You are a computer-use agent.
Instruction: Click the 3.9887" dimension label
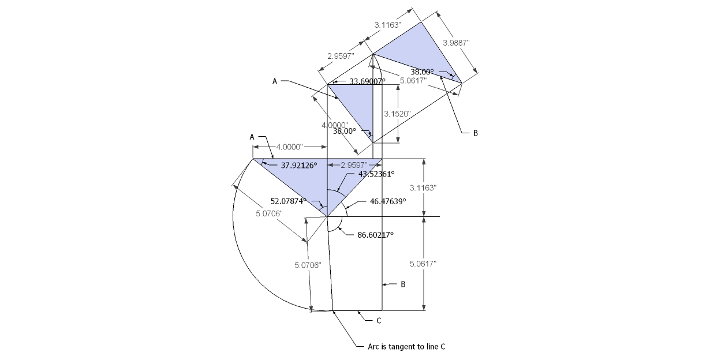pyautogui.click(x=456, y=43)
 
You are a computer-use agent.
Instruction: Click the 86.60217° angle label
pyautogui.click(x=375, y=235)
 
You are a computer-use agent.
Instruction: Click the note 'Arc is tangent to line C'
pyautogui.click(x=406, y=347)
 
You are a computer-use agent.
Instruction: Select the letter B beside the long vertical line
pyautogui.click(x=403, y=284)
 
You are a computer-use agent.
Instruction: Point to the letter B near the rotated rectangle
pyautogui.click(x=476, y=133)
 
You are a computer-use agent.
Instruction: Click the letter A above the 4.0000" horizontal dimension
pyautogui.click(x=252, y=137)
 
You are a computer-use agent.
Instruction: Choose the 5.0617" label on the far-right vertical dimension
pyautogui.click(x=423, y=263)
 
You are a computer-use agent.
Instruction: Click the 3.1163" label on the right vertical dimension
pyautogui.click(x=423, y=188)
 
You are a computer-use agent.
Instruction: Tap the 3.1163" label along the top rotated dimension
pyautogui.click(x=388, y=25)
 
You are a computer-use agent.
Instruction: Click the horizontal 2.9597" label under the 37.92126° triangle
pyautogui.click(x=354, y=166)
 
